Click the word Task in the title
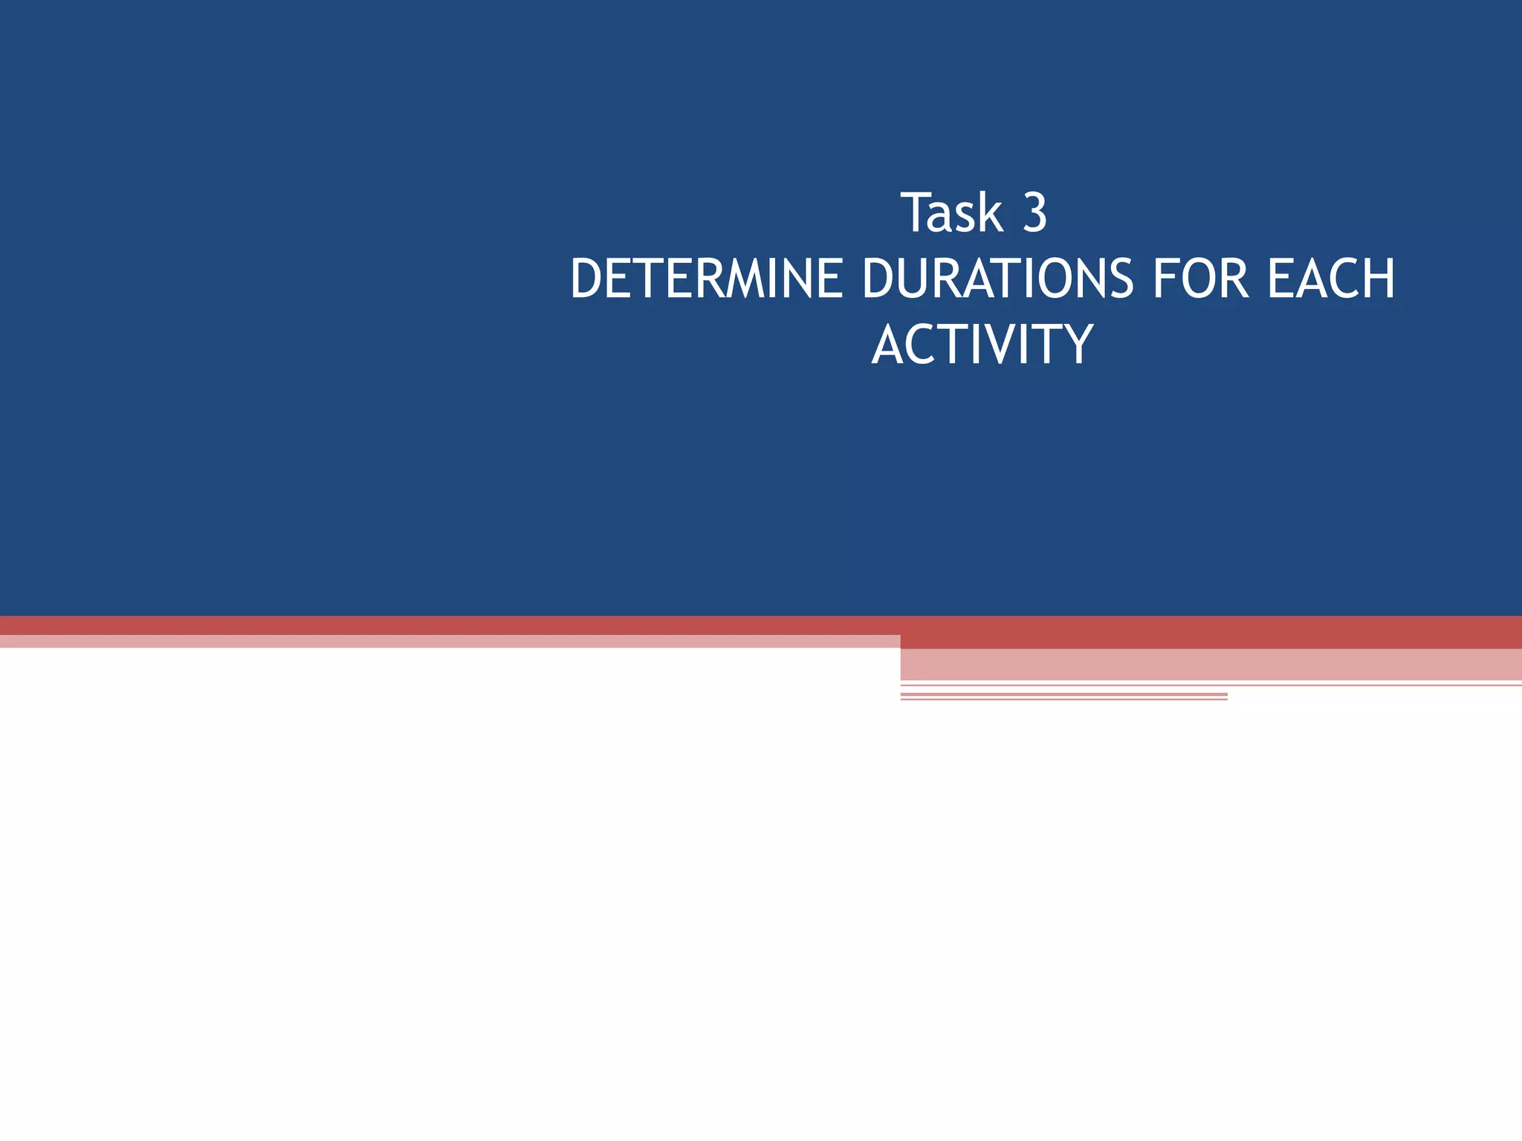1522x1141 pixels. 952,213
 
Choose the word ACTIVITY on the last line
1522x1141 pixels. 982,345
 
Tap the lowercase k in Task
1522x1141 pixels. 991,213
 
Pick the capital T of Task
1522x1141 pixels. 916,213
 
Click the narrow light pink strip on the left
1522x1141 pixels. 446,642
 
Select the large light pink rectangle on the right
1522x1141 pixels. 1211,664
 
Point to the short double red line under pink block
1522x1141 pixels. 1063,697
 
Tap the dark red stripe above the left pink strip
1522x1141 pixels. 446,625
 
